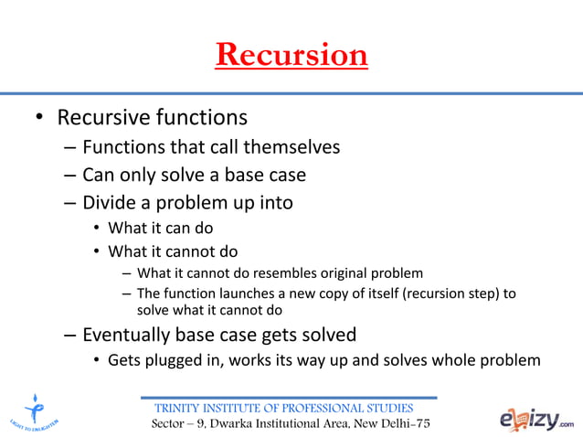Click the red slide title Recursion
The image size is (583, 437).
tap(291, 54)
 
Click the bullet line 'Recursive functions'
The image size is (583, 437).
tap(152, 118)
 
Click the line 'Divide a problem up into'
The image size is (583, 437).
tap(187, 202)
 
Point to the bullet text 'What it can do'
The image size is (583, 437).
tap(160, 229)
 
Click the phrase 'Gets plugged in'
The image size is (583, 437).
tap(160, 360)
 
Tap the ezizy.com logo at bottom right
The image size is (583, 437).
tap(536, 419)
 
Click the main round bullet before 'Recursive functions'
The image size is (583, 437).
tap(39, 119)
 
